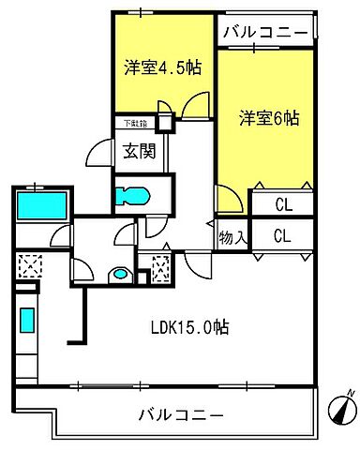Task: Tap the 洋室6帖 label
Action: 268,118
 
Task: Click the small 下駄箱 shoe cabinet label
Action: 132,122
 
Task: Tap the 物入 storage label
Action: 232,239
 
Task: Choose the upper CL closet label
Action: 282,202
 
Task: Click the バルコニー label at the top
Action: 265,34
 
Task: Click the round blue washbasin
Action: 118,275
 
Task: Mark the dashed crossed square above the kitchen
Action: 28,268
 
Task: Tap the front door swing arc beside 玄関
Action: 101,152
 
